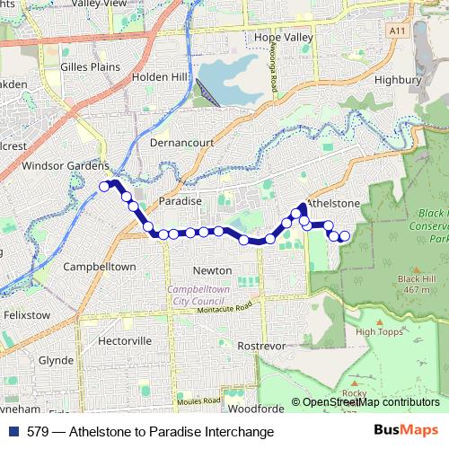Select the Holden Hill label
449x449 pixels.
[x=158, y=77]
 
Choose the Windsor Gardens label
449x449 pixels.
[x=54, y=166]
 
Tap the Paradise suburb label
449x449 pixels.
[x=180, y=201]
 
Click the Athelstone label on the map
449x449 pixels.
[x=334, y=204]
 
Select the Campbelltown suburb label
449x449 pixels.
[x=100, y=267]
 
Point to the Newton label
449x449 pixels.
[x=214, y=270]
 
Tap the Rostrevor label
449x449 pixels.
[x=261, y=345]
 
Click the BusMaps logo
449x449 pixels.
[x=406, y=431]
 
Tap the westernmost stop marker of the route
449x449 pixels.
[x=104, y=187]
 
